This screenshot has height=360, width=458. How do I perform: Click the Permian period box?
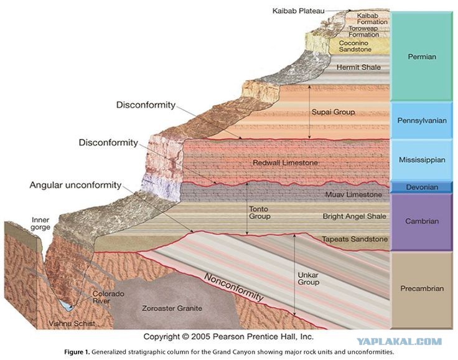coord(422,57)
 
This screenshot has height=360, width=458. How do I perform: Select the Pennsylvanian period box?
coord(422,120)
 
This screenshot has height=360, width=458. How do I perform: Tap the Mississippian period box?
coord(422,159)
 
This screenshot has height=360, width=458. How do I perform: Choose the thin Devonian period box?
coord(422,187)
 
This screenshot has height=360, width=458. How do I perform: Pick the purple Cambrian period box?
coord(422,221)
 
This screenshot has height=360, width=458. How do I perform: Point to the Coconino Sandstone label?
coord(355,46)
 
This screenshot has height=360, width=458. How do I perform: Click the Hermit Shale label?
coord(358,67)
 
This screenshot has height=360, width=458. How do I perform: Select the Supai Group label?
coord(333,112)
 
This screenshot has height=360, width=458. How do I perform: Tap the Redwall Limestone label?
coord(285,163)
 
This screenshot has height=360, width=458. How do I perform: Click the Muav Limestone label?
coord(353,194)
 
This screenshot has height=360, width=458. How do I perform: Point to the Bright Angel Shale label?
coord(354,216)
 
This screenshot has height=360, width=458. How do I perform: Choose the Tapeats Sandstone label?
coord(355,239)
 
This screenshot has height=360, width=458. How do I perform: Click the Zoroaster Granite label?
coord(172,308)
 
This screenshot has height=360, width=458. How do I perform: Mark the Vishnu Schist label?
coord(72,323)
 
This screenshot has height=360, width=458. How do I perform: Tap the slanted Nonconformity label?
coord(234,287)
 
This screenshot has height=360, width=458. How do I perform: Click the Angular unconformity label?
coord(75,185)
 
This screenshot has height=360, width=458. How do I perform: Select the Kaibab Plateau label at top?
coord(298,11)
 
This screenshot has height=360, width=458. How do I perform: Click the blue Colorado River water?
coord(67,305)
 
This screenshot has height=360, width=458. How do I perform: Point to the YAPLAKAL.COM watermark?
coord(400,341)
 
